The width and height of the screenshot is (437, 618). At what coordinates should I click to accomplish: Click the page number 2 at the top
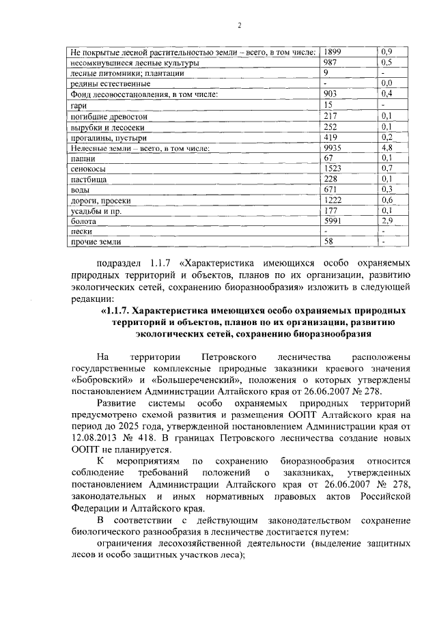click(240, 26)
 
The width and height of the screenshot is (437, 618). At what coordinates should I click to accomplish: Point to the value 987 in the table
click(330, 62)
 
